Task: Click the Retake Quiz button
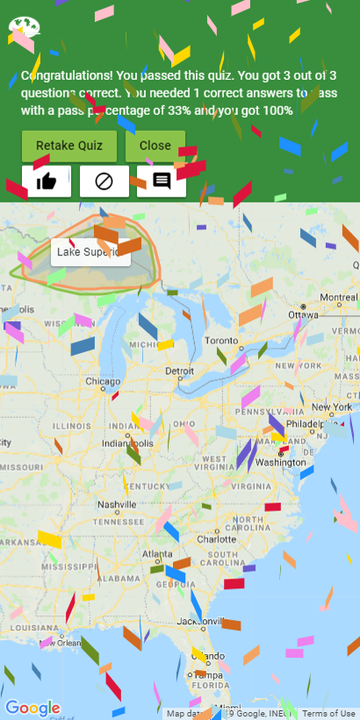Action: tap(69, 146)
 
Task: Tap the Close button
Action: tap(155, 146)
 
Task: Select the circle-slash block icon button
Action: tap(104, 182)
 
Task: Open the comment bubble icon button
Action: tap(162, 182)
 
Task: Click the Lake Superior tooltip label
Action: tap(90, 252)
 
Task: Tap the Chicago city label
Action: tap(103, 382)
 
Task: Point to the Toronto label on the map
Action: tap(221, 340)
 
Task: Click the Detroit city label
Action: tap(180, 371)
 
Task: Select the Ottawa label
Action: tap(303, 314)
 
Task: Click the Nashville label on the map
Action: tap(117, 505)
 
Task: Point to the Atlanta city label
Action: tap(158, 554)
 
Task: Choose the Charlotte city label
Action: tap(216, 538)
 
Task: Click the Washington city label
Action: tap(281, 462)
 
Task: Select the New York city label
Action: tap(331, 407)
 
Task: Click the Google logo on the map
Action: tap(32, 708)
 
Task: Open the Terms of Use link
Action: tap(329, 714)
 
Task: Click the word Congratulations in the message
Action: tap(64, 76)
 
